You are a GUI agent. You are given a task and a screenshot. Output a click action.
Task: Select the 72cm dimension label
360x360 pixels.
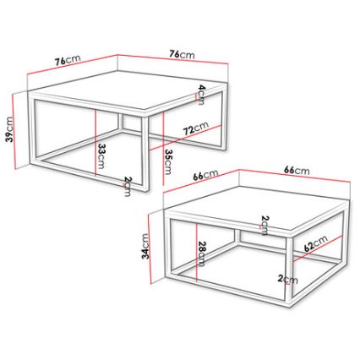point(196,130)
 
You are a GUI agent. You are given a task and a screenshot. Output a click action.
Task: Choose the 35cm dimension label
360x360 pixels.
point(167,159)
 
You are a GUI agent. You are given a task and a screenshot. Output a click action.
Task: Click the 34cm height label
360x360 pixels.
point(145,247)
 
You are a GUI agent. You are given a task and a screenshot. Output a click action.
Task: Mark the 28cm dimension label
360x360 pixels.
point(201,254)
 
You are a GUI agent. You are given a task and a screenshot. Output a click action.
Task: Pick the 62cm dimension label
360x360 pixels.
point(315,247)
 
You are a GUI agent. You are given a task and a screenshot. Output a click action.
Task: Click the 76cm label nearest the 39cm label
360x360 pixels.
point(68,61)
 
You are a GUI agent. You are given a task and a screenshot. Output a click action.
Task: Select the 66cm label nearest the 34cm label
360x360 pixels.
point(205,176)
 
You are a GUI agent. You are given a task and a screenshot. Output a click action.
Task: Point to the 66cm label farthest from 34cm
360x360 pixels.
point(296,171)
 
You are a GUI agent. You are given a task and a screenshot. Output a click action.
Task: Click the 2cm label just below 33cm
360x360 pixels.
point(127,186)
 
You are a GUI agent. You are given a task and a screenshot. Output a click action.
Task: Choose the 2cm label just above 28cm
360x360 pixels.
point(265,224)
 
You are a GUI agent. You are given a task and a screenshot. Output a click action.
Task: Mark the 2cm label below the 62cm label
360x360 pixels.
point(290,279)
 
